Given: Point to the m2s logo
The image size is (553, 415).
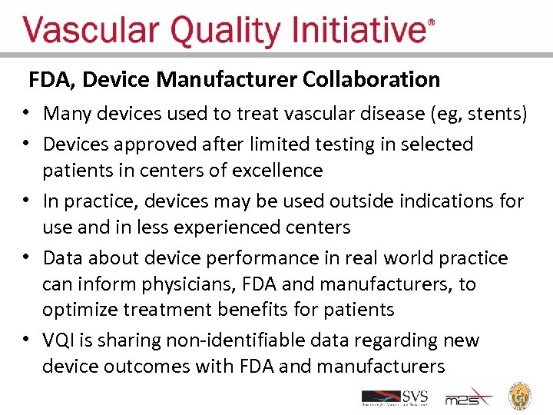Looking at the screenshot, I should [x=468, y=397].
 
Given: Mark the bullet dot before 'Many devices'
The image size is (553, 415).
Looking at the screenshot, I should [x=27, y=115].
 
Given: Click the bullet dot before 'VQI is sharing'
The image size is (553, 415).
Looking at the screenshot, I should [x=27, y=340].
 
